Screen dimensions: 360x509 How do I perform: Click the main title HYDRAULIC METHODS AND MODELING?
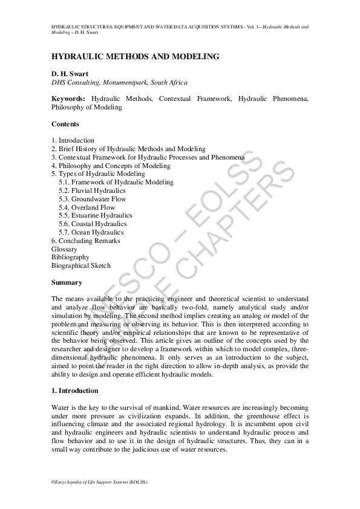click(135, 57)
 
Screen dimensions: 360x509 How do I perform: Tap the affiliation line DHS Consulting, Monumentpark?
click(120, 82)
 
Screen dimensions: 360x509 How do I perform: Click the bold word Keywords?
click(68, 99)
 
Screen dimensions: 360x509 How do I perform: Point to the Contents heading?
click(65, 124)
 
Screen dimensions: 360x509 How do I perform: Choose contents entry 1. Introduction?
click(73, 140)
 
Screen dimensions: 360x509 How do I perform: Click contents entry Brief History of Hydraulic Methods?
click(128, 149)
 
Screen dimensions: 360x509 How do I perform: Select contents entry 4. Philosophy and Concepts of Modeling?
click(111, 165)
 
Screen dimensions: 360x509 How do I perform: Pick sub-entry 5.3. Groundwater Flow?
click(92, 199)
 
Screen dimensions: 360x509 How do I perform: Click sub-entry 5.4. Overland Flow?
click(87, 207)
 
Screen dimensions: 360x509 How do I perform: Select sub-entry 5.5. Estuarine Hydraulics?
click(95, 215)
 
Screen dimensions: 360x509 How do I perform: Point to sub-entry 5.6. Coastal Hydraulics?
click(93, 224)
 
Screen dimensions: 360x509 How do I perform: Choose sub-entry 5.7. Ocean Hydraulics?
click(91, 232)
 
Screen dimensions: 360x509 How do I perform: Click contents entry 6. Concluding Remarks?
click(86, 241)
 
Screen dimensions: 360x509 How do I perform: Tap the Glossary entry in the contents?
click(65, 249)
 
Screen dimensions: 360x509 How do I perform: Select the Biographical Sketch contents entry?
click(81, 265)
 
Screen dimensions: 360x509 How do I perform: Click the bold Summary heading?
click(67, 282)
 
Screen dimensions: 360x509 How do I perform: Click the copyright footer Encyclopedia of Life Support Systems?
click(100, 482)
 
